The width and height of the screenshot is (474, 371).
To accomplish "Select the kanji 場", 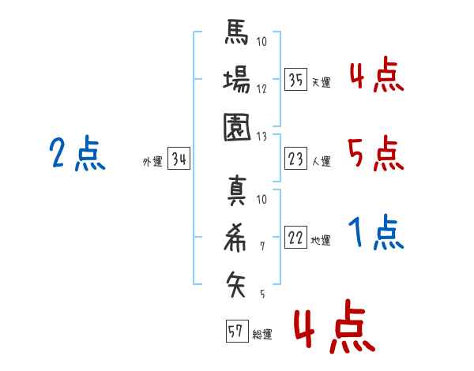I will point(236,81).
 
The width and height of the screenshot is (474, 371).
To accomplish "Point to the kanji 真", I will point(236,193).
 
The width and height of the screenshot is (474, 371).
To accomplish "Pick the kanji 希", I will point(236,238).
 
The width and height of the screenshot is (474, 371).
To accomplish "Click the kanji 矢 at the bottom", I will point(236,282).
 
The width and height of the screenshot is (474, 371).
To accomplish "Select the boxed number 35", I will point(295,81).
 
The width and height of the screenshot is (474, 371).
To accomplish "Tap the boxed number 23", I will point(295,160).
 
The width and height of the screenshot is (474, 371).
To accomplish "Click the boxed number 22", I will point(295,238).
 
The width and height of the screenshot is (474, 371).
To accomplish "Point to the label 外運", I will point(152,162).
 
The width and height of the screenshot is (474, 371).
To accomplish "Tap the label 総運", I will point(262,333).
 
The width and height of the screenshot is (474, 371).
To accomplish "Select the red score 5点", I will point(375,154).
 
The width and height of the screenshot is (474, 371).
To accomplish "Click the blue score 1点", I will point(375,234).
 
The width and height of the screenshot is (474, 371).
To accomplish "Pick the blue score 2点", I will point(77,154).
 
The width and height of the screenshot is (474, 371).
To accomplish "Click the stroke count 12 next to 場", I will point(261,88).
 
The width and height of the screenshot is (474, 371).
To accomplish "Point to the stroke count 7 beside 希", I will point(261,246).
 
